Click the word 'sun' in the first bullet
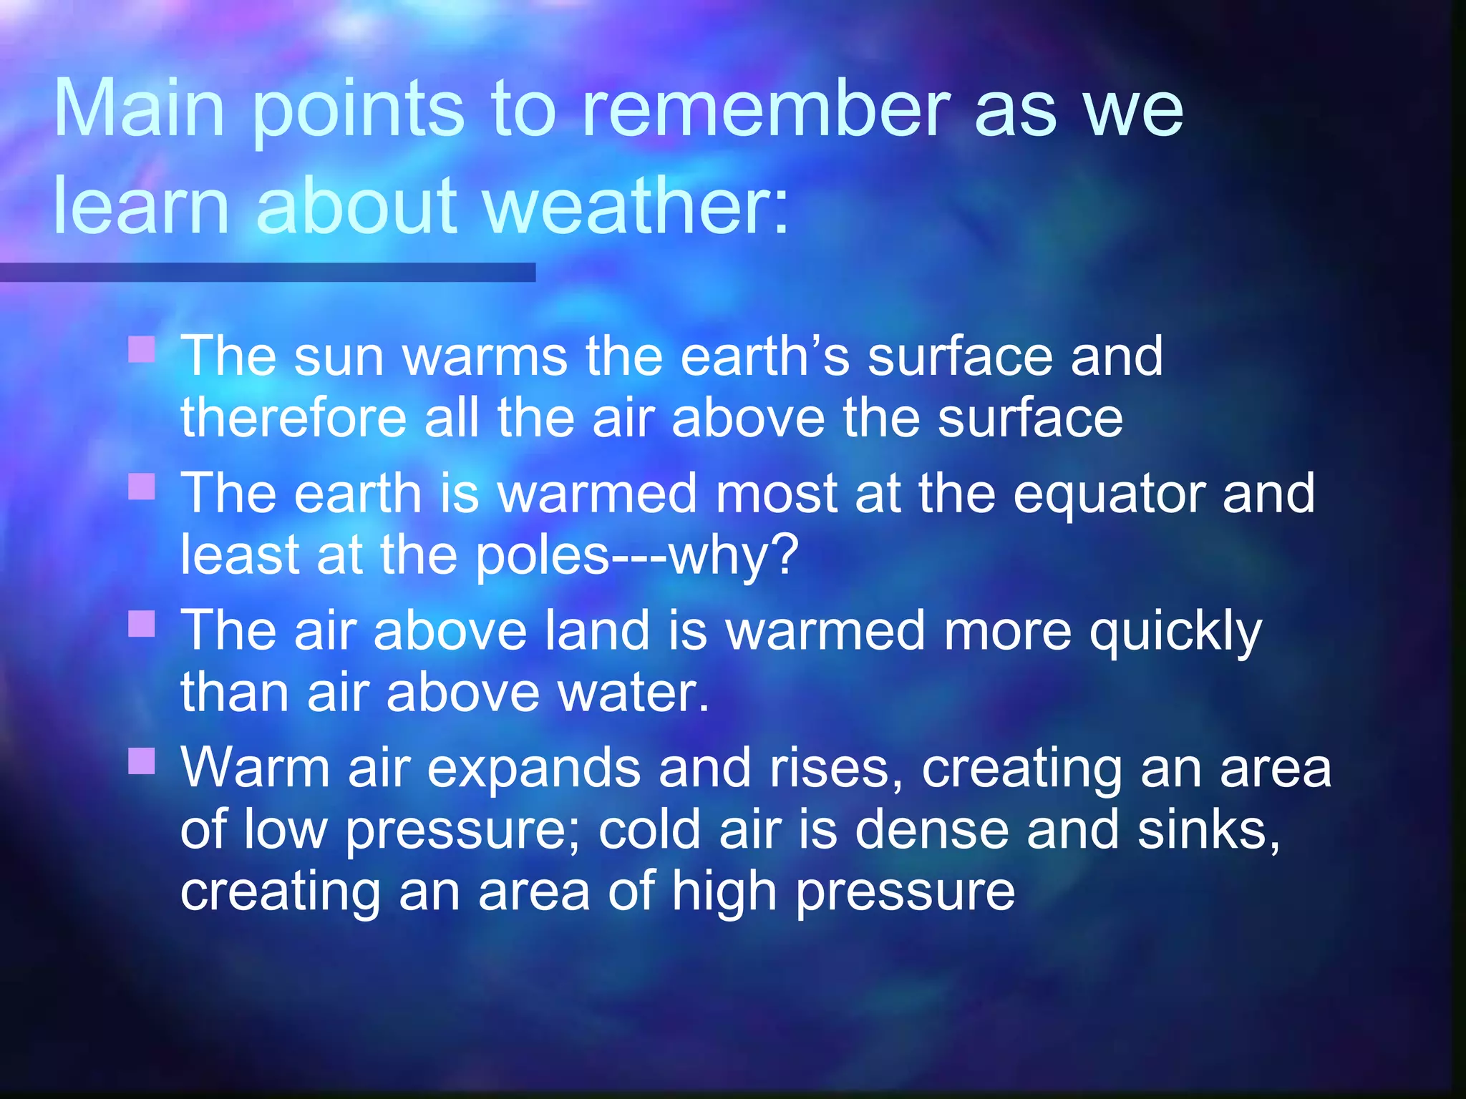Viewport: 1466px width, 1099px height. pyautogui.click(x=339, y=358)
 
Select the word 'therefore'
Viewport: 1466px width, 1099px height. pyautogui.click(x=293, y=418)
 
